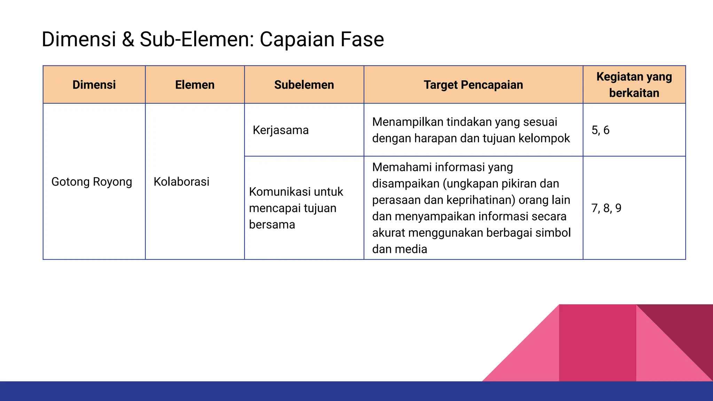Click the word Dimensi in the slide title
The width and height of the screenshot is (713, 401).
[x=79, y=39]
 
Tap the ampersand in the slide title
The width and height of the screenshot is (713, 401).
[x=128, y=39]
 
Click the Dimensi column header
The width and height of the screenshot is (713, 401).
[x=94, y=85]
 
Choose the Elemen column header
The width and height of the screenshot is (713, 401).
[x=195, y=85]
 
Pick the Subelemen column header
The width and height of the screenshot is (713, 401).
[x=304, y=85]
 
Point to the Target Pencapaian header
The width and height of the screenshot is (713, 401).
[x=473, y=85]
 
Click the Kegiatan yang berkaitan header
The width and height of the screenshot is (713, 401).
[x=634, y=85]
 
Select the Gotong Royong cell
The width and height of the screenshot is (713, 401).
[x=92, y=182]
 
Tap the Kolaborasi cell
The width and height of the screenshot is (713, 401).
[x=181, y=182]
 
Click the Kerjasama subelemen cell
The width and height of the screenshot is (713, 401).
[x=281, y=130]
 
